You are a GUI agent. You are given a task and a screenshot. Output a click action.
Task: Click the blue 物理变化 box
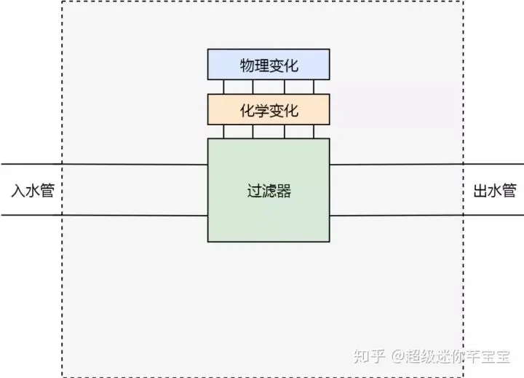pos(269,64)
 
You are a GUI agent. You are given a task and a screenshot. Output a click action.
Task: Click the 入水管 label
pos(33,192)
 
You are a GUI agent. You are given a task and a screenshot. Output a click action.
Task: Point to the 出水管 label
pos(494,192)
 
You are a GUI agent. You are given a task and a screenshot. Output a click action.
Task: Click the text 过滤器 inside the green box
pos(269,192)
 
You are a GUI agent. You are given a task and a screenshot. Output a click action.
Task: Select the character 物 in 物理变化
pos(247,66)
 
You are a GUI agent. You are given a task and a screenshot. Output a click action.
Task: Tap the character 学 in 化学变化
pos(261,111)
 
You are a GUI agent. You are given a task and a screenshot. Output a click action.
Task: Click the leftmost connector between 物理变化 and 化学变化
pos(224,87)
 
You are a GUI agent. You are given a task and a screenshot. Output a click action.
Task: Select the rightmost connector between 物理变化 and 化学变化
pos(314,87)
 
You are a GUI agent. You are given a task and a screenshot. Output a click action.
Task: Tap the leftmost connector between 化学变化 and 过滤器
pos(224,131)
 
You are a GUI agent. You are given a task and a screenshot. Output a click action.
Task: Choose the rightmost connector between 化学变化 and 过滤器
pos(314,131)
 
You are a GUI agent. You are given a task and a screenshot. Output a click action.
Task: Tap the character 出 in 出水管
pos(480,192)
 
